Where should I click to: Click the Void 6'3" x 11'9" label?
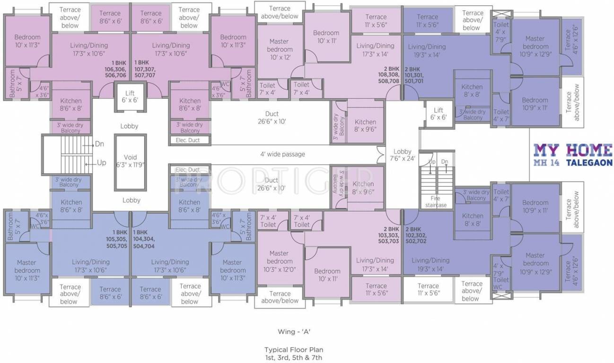tap(130, 161)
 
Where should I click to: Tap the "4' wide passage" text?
tap(282, 154)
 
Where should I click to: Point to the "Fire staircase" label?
tap(435, 202)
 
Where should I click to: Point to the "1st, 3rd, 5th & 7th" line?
tap(294, 358)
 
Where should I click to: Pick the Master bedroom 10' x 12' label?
tap(280, 49)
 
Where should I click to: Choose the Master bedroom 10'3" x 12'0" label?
tap(280, 261)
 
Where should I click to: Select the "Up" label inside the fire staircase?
tap(431, 162)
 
